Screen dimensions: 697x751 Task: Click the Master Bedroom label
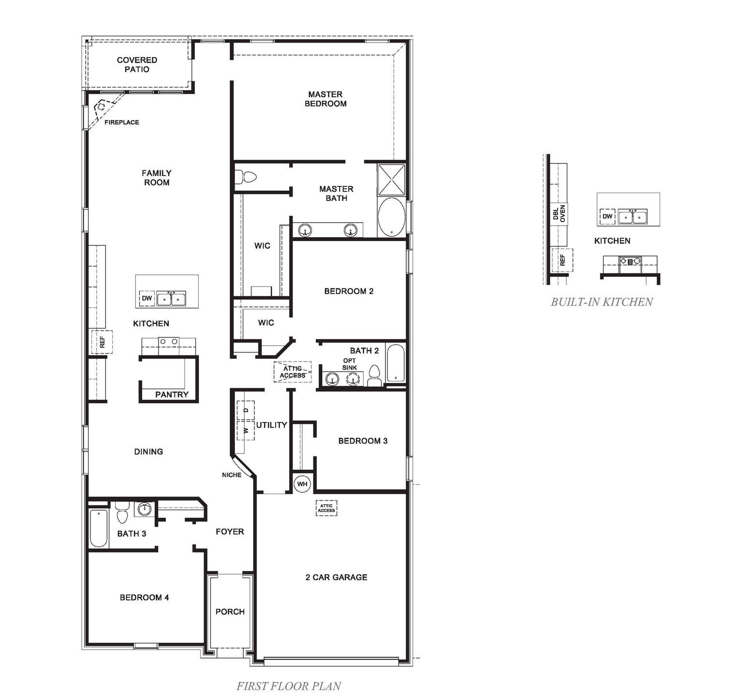click(325, 99)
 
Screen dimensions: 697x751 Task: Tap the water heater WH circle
click(302, 484)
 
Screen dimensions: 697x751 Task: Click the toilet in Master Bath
click(247, 177)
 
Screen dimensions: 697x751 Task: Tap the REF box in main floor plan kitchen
click(102, 342)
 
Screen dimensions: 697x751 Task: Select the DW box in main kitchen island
click(147, 298)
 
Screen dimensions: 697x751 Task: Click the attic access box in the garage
click(326, 507)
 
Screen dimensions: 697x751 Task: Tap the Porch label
click(230, 611)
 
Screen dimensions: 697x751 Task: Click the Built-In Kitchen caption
click(602, 302)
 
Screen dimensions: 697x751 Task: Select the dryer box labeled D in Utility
click(246, 410)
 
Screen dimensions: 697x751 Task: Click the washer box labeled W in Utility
click(246, 430)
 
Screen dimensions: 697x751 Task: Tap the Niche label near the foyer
click(232, 475)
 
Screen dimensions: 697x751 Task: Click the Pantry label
click(172, 394)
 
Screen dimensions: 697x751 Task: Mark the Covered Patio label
click(137, 64)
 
